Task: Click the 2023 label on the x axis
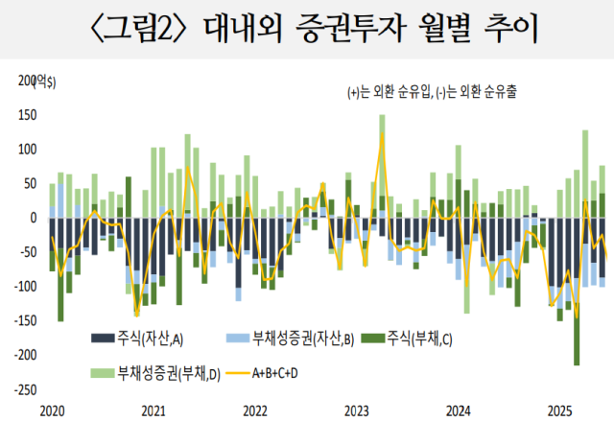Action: (x=357, y=410)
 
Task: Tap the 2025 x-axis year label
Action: (x=561, y=410)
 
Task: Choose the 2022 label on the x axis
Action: (x=254, y=410)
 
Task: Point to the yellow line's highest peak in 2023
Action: (x=382, y=133)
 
